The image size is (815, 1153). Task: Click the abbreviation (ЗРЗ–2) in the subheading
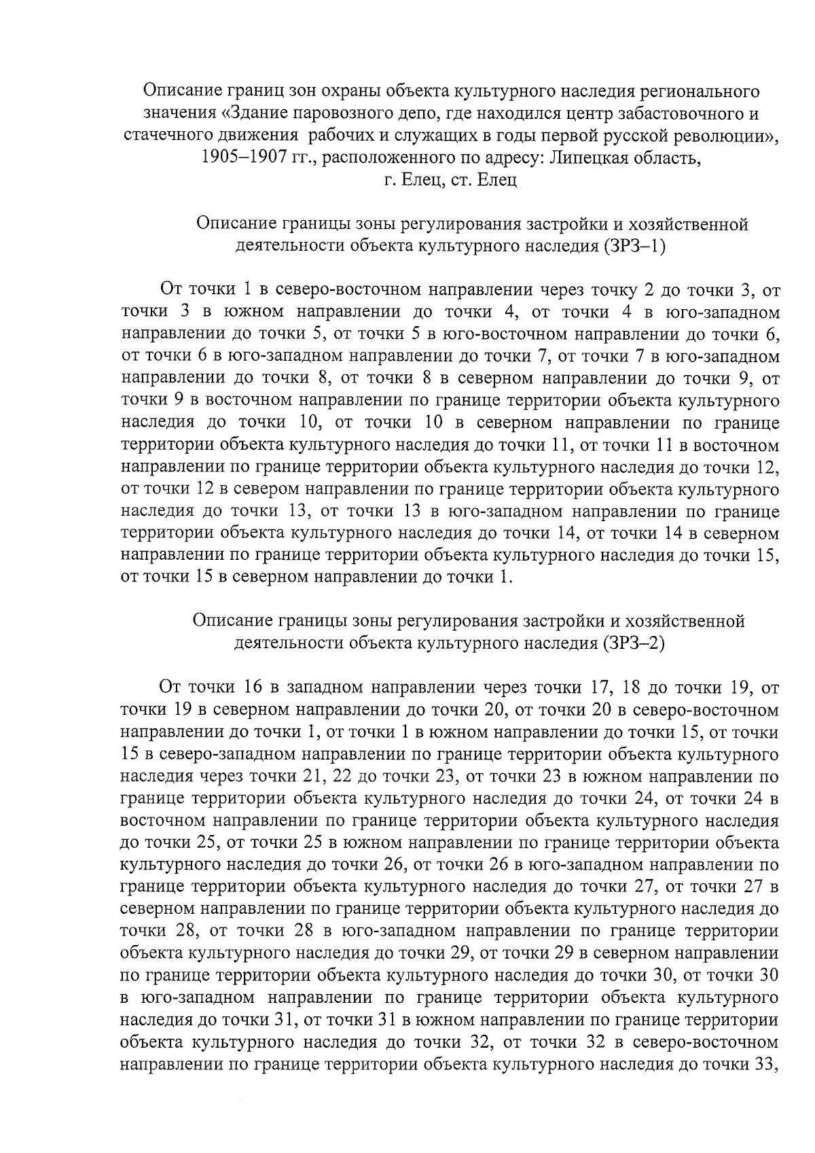[x=633, y=643]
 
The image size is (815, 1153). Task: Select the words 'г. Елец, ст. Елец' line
[x=450, y=181]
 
